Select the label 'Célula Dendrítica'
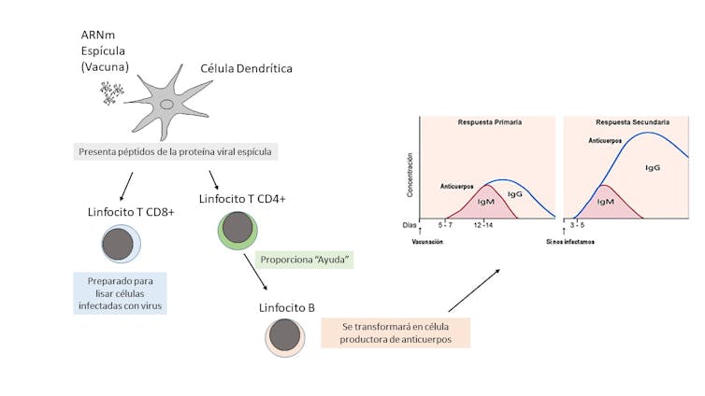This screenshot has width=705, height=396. pyautogui.click(x=248, y=69)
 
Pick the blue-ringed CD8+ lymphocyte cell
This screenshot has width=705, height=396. pyautogui.click(x=121, y=244)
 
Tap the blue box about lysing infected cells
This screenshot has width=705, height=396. pyautogui.click(x=121, y=291)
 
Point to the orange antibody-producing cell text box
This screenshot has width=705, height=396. pyautogui.click(x=394, y=332)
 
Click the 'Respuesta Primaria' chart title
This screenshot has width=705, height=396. pyautogui.click(x=489, y=122)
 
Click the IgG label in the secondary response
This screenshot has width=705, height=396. pyautogui.click(x=653, y=166)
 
